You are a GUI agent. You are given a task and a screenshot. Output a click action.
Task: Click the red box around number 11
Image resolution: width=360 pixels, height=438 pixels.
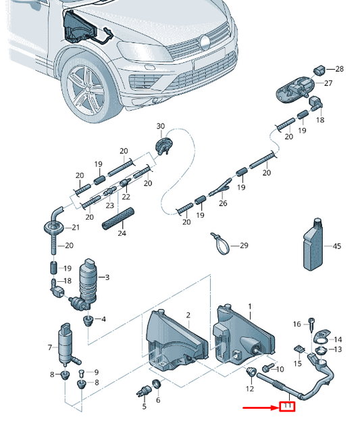[287, 406]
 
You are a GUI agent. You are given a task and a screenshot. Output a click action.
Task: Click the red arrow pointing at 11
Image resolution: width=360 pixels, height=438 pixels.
[261, 408]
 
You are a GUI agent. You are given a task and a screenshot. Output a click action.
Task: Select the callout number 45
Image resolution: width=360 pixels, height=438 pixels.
[337, 246]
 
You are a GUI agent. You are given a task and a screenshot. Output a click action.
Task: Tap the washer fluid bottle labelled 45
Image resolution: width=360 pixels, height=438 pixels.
[313, 245]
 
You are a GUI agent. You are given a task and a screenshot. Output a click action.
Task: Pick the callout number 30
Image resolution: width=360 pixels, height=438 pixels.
[161, 126]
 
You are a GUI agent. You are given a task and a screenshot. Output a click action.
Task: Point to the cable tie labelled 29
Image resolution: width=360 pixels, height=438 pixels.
[220, 244]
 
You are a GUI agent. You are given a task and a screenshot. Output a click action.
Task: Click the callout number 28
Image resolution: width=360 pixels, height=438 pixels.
[339, 69]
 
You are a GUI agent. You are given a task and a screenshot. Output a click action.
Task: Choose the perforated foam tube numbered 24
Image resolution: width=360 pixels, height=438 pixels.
[118, 219]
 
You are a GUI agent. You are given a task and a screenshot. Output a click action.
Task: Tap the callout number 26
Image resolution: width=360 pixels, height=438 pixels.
[223, 203]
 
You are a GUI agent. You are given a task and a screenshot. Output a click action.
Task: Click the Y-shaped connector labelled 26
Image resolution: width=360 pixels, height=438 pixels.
[220, 187]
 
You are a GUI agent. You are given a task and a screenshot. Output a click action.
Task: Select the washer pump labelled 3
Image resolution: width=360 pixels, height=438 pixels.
[86, 284]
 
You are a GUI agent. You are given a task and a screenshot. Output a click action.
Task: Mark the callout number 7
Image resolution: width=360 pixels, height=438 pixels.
[50, 347]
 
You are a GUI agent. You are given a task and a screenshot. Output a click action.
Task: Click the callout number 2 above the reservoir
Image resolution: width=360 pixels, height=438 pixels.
[188, 316]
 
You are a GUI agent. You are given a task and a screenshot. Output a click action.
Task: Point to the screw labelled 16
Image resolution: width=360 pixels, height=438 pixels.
[311, 324]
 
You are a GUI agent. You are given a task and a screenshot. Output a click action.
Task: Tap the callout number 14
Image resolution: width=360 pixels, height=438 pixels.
[338, 340]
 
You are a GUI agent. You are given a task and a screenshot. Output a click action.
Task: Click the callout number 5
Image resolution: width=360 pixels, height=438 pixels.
[144, 406]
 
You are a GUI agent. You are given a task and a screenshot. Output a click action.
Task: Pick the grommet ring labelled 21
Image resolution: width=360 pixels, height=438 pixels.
[53, 228]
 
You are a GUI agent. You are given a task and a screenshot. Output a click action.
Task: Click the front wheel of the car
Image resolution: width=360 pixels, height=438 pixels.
[87, 89]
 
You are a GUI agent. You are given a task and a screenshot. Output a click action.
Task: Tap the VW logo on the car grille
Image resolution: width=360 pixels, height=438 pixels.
[205, 42]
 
